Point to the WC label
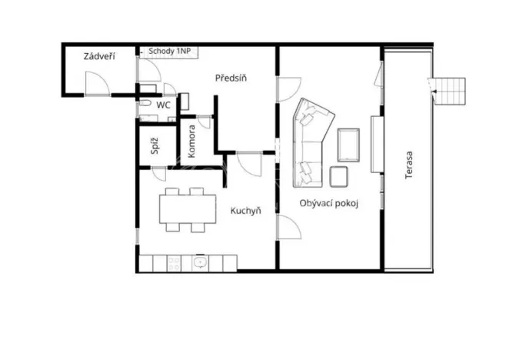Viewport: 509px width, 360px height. point(163,105)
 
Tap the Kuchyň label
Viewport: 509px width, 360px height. point(245,211)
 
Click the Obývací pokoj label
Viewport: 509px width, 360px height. point(330,203)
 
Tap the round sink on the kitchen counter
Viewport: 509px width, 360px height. point(201,263)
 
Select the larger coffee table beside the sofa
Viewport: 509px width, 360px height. point(348,145)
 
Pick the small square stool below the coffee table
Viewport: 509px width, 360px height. point(339,176)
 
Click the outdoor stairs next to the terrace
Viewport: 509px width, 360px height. point(450,91)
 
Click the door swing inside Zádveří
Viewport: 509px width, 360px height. point(96,82)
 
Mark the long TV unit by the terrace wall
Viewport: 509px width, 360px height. point(376,144)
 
